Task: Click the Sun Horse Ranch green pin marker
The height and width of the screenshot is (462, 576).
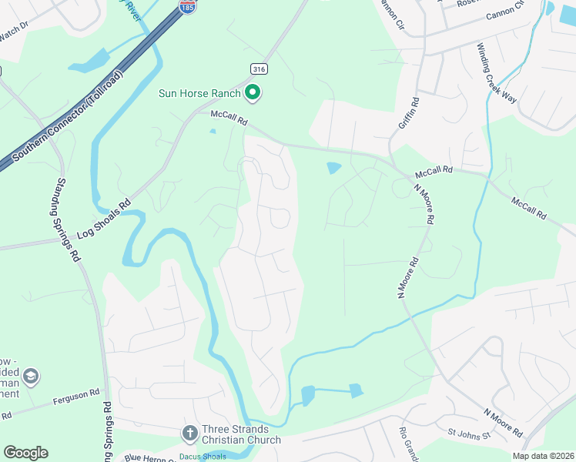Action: [253, 93]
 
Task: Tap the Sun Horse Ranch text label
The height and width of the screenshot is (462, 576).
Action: [200, 94]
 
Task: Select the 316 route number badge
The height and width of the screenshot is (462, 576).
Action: [256, 69]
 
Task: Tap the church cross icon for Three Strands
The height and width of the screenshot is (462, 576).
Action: [189, 433]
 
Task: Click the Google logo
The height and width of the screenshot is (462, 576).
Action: [25, 453]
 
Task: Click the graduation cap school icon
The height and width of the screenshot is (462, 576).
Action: [32, 377]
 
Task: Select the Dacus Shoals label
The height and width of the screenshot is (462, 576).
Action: [203, 457]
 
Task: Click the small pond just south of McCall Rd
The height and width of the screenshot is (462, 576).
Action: [334, 167]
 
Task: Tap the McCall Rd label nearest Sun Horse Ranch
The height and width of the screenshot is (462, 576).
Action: [229, 121]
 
